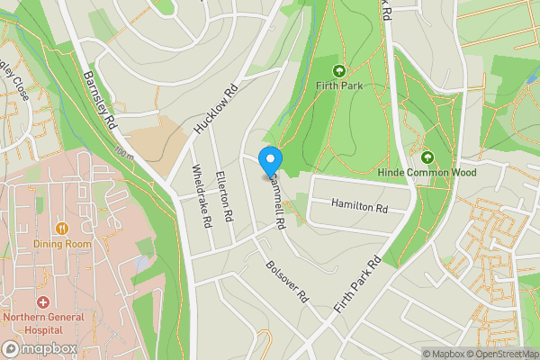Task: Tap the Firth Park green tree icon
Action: click(339, 71)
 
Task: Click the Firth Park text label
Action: click(339, 86)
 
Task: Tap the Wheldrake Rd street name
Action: click(202, 194)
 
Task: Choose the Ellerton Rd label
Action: click(225, 196)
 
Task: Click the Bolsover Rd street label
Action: click(288, 281)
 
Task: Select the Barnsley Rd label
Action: click(100, 97)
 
